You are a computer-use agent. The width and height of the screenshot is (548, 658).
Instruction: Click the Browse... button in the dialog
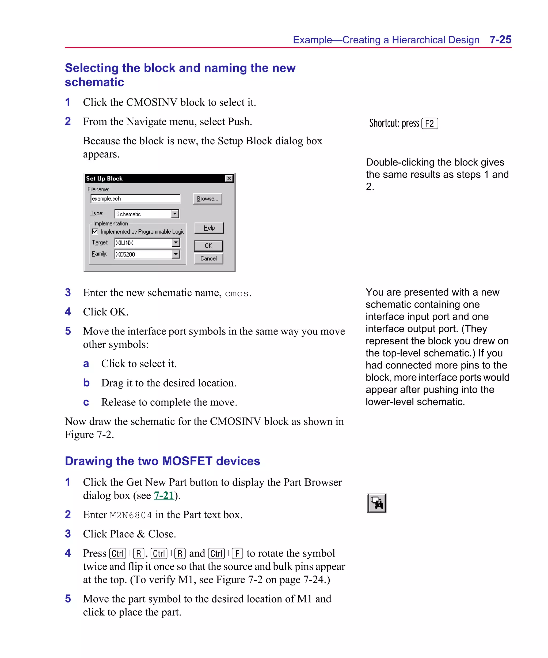coord(207,199)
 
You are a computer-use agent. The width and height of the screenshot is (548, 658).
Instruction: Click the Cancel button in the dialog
coord(208,258)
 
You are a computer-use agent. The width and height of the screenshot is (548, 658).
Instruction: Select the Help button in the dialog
coord(209,228)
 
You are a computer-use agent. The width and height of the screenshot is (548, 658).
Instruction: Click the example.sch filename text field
coord(135,199)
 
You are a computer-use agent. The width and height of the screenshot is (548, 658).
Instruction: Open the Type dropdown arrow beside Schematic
coord(175,214)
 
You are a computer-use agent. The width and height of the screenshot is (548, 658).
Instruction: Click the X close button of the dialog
coord(229,178)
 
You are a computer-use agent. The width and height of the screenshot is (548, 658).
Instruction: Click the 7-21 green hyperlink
coord(164,495)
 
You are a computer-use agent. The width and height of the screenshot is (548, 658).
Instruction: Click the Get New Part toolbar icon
coord(376,503)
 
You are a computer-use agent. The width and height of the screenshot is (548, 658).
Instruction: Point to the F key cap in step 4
coord(237,554)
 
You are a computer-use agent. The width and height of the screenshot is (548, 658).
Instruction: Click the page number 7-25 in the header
coord(500,40)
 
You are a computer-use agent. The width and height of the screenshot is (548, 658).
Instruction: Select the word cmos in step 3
coord(237,294)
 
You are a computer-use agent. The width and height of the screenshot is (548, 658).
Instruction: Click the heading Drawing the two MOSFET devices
coord(162,461)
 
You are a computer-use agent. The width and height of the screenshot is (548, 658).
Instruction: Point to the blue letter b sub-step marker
coord(86,383)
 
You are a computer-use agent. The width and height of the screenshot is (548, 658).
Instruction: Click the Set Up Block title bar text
coord(104,178)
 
